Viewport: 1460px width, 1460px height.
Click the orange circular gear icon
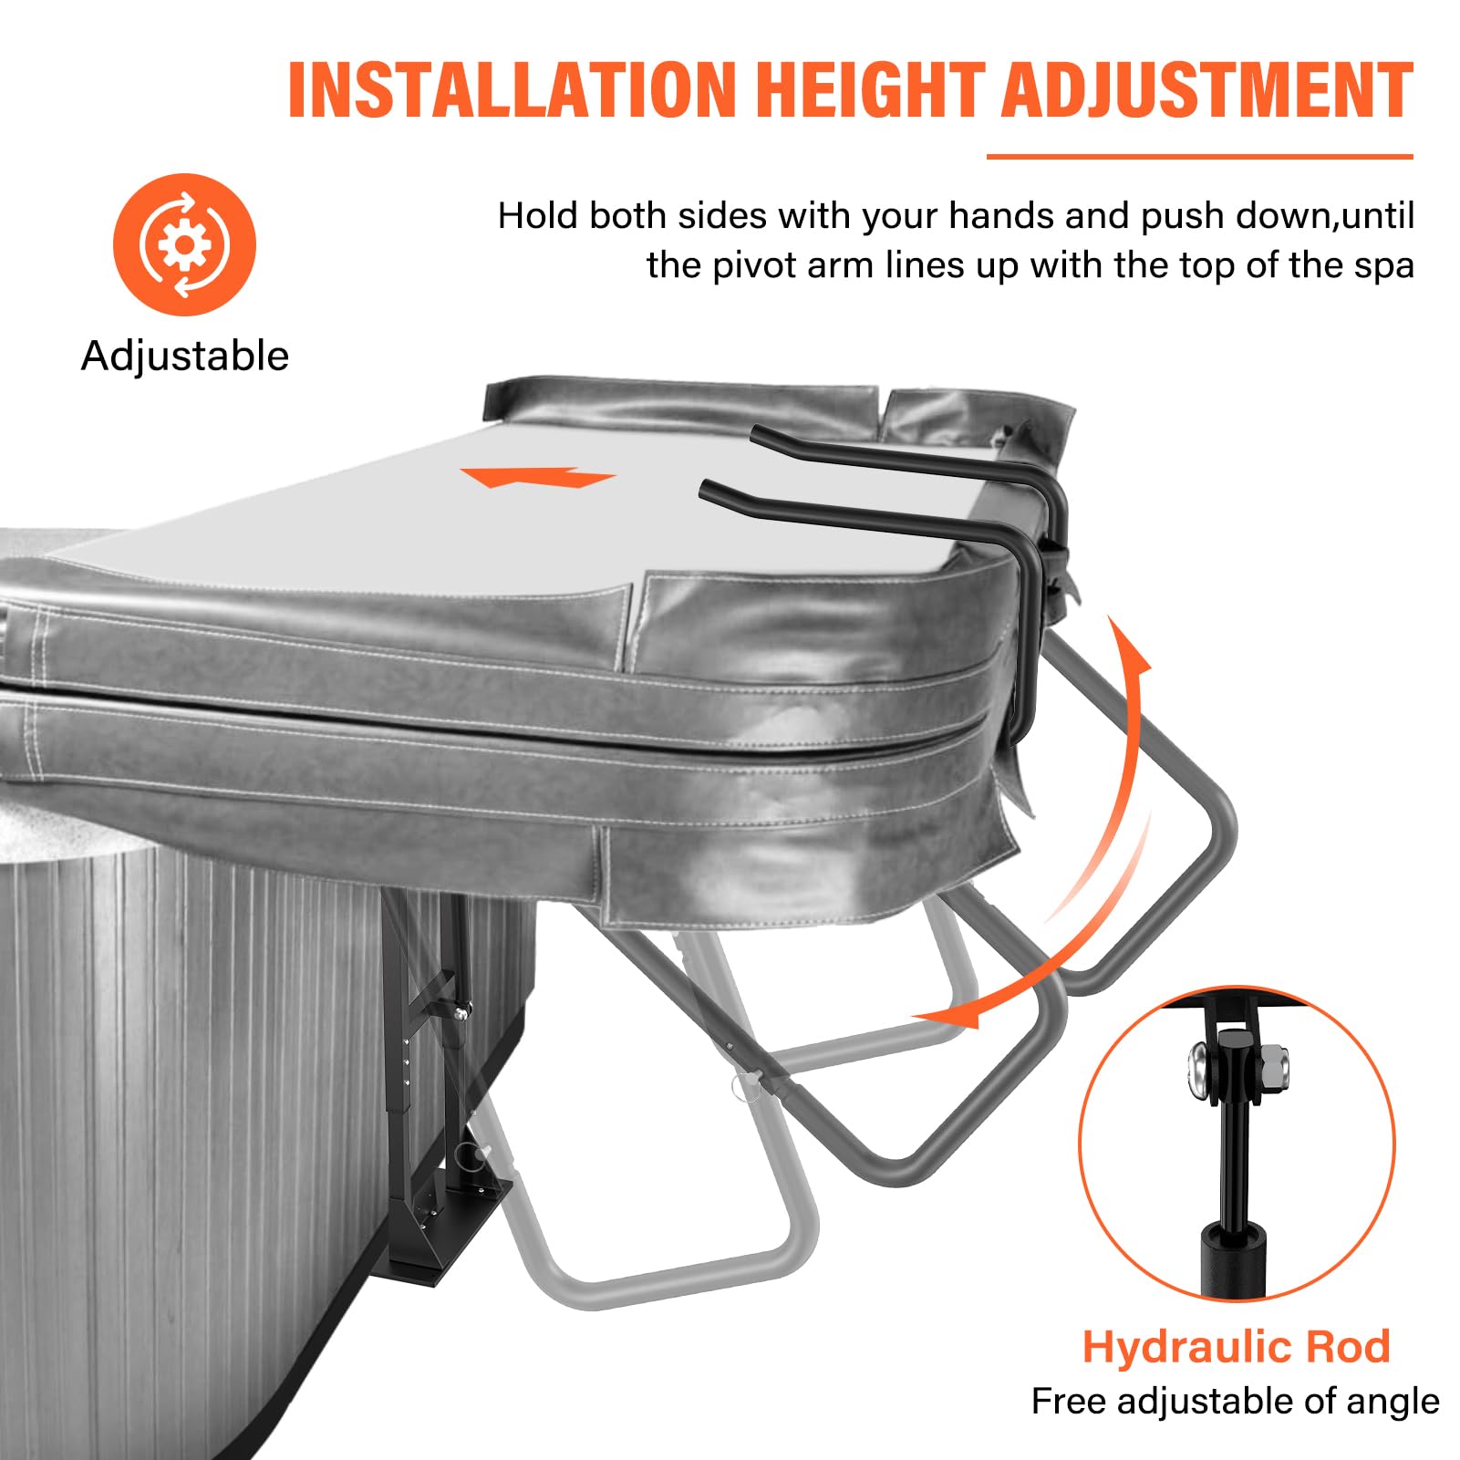[184, 244]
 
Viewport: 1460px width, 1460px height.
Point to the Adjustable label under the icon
[185, 356]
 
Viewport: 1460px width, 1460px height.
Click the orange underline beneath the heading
[1199, 156]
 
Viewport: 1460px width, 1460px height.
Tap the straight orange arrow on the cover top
[537, 477]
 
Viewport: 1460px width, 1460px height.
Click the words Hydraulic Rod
[1236, 1346]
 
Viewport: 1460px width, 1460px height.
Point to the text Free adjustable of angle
[1236, 1401]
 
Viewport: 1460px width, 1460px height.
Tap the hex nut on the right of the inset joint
[1272, 1062]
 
